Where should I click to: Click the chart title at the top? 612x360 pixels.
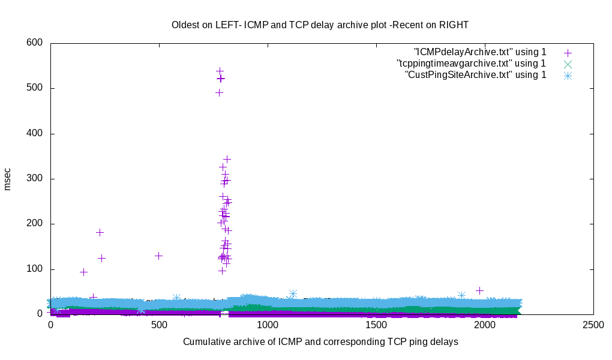click(320, 25)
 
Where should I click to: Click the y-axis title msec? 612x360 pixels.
click(8, 179)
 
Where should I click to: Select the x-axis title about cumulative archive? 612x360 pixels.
click(320, 342)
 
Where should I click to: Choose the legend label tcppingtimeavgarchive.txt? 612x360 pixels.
click(471, 63)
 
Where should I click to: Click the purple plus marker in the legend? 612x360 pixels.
click(567, 53)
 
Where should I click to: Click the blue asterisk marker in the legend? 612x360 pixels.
click(567, 75)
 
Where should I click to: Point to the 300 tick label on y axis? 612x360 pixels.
click(34, 179)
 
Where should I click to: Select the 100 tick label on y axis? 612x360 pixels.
click(34, 269)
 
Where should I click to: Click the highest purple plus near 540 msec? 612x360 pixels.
click(220, 71)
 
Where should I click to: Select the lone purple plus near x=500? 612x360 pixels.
click(158, 256)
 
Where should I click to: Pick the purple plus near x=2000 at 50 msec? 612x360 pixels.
click(479, 290)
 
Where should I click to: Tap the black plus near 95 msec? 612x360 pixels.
click(83, 272)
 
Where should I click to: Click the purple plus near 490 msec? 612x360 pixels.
click(219, 92)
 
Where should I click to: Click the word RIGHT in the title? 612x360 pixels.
click(452, 25)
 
